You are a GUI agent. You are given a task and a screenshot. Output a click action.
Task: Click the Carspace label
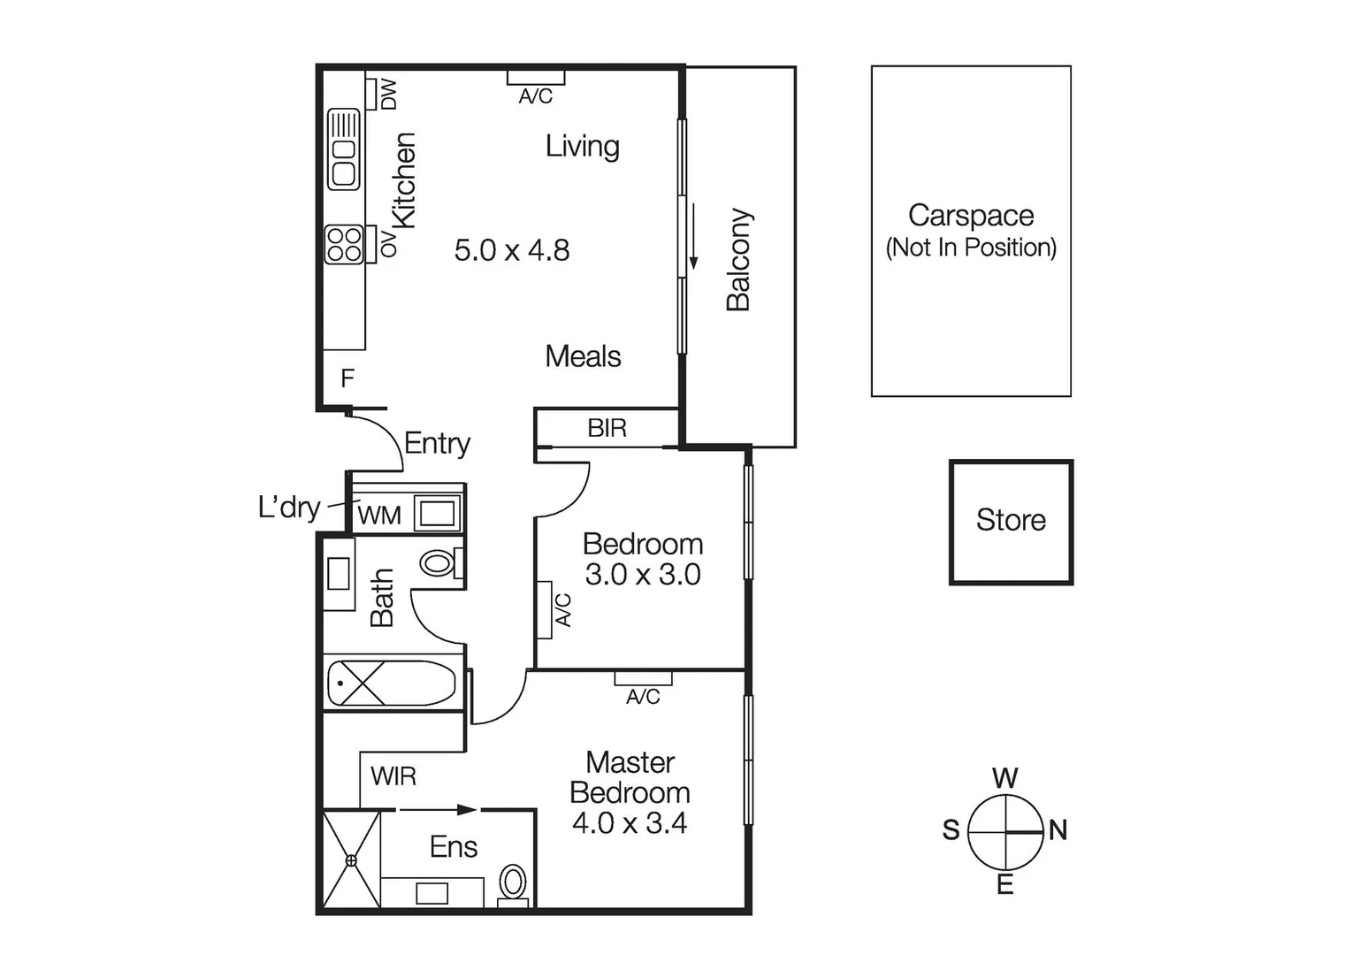click(971, 216)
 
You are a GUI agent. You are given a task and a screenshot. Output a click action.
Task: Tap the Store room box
click(1011, 523)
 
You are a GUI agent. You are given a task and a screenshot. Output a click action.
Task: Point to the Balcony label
click(738, 260)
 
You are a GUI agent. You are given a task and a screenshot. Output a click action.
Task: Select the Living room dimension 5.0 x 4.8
click(512, 250)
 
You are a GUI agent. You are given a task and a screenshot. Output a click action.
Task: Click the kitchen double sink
click(343, 149)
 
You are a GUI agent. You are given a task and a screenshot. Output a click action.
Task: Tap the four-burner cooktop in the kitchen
click(344, 244)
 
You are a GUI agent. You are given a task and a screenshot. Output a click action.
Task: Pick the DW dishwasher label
click(389, 94)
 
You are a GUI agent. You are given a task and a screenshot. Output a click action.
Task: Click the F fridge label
click(347, 378)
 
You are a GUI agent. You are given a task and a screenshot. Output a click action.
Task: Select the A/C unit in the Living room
click(536, 78)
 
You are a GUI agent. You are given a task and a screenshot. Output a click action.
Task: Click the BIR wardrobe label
click(607, 428)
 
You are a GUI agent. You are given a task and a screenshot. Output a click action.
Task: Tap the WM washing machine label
click(379, 516)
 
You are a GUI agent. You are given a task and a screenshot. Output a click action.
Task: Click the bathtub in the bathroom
click(391, 683)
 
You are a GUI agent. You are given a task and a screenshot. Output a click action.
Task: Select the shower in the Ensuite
click(351, 859)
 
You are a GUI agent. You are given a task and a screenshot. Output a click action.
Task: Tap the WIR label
click(393, 776)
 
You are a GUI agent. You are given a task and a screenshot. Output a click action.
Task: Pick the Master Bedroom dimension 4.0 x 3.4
click(630, 822)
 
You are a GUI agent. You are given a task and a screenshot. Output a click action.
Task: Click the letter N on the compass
click(1058, 830)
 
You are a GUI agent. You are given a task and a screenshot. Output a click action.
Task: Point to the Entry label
click(437, 444)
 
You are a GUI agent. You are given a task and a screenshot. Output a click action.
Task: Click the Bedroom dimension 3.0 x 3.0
click(643, 574)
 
